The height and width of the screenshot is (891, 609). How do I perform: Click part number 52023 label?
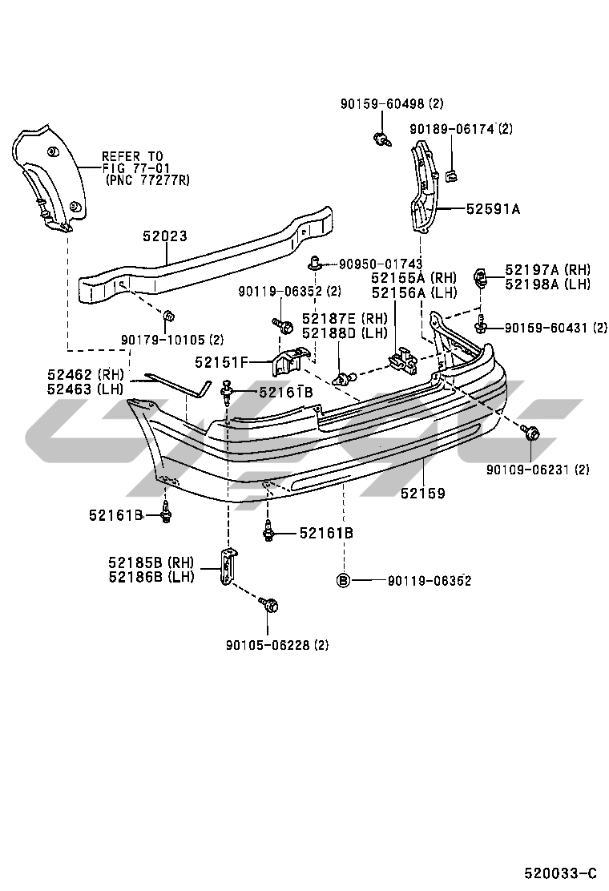(x=165, y=236)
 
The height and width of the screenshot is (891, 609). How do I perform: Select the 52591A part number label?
(x=494, y=209)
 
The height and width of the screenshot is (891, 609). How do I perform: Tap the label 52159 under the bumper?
(x=423, y=494)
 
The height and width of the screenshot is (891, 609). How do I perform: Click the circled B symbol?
(x=343, y=580)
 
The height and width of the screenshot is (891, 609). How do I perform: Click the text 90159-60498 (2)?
(x=392, y=103)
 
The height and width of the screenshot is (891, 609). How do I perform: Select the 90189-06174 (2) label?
(x=461, y=128)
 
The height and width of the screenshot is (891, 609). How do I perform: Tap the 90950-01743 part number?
(x=380, y=264)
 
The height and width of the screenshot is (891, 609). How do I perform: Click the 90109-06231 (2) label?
(x=538, y=470)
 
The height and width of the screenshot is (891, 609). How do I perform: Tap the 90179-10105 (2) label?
(x=172, y=340)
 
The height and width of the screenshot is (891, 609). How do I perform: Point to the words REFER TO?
(x=131, y=157)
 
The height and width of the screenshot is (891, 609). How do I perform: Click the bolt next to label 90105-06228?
(x=270, y=607)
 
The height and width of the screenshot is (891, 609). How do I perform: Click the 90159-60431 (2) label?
(x=556, y=327)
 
